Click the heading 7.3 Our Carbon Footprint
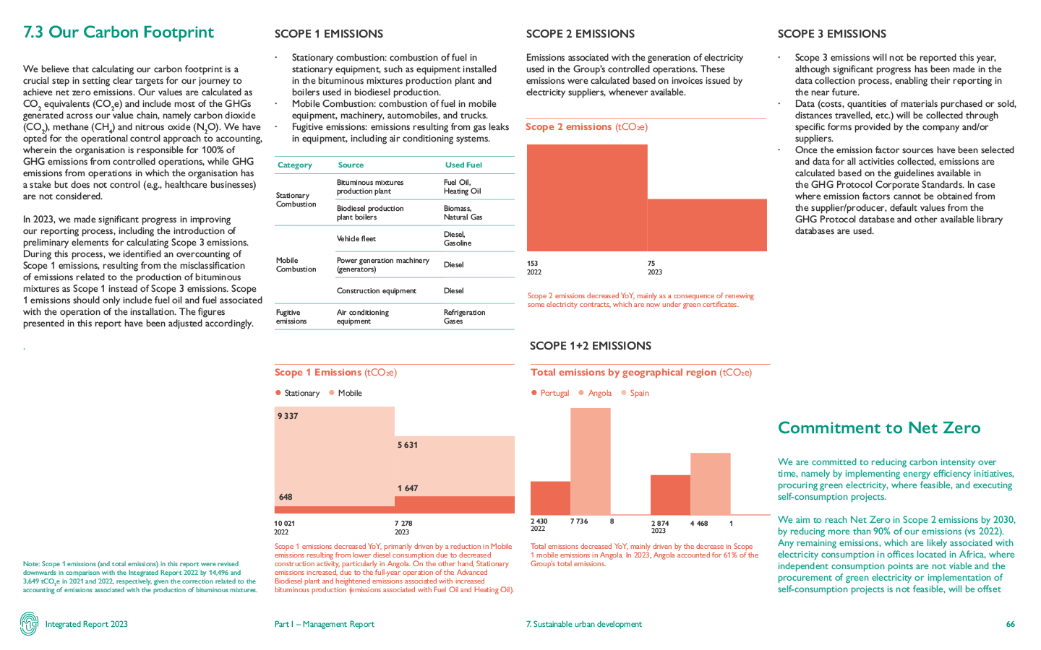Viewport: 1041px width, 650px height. coord(119,32)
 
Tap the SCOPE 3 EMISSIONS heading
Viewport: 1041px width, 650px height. coord(831,34)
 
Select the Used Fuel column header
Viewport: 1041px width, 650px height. coord(463,165)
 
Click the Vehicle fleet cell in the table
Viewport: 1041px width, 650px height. coord(356,239)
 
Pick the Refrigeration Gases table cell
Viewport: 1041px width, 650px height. coord(464,317)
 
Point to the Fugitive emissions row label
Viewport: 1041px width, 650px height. coord(291,317)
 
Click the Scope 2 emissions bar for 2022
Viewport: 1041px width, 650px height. coord(587,197)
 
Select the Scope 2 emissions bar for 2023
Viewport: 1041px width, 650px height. coord(707,225)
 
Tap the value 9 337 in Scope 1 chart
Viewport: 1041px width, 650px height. coord(288,416)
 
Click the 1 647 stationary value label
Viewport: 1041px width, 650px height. coord(408,488)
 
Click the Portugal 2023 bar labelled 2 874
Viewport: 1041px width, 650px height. coord(670,495)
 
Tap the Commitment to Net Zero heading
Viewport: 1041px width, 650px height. coord(879,428)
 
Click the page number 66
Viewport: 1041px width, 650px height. coord(1010,624)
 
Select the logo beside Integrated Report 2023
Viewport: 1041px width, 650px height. coord(29,624)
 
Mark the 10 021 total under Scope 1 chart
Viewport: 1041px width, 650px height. coord(285,523)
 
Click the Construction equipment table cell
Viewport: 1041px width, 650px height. coord(376,291)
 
